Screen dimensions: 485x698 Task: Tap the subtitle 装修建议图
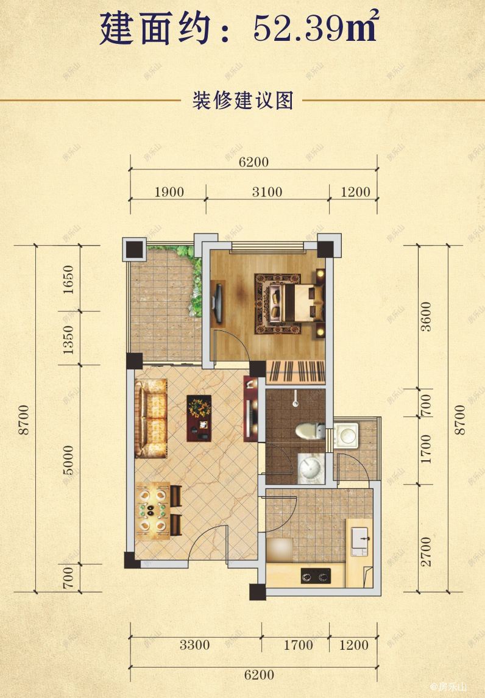tap(243, 101)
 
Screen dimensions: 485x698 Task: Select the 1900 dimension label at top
tap(169, 192)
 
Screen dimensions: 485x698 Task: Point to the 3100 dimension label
tap(267, 192)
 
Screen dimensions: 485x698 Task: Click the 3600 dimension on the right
tap(426, 316)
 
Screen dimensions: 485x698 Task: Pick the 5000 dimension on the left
tap(68, 460)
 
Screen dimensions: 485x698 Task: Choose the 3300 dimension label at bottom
tap(194, 644)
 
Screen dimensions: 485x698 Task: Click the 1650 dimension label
tap(68, 280)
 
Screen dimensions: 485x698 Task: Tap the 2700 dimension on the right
tap(426, 552)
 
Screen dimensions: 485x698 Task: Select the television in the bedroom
tap(218, 303)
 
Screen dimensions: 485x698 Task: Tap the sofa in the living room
tap(151, 418)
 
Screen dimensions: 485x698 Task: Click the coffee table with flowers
tap(199, 418)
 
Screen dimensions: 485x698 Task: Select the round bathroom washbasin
tap(311, 468)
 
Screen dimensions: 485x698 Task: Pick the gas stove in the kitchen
tap(316, 575)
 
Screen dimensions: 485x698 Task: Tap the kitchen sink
tap(359, 541)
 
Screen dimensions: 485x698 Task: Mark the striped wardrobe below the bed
tap(296, 371)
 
